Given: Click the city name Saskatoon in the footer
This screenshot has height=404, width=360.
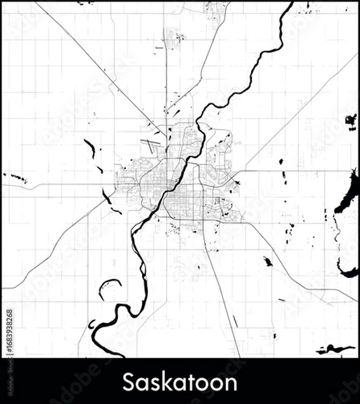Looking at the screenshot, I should coord(180,383).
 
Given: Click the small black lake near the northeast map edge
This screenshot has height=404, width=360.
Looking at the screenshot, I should coord(351,121).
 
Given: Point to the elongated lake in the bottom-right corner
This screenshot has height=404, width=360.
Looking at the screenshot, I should coord(336,349).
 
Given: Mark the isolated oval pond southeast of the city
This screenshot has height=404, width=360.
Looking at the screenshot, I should coord(268,261).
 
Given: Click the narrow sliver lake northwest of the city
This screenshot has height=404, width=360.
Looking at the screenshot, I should coord(89,149).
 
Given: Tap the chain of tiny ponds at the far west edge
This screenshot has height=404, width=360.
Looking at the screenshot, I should coord(17,178).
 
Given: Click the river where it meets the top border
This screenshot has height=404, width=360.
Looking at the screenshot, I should coord(291,4).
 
